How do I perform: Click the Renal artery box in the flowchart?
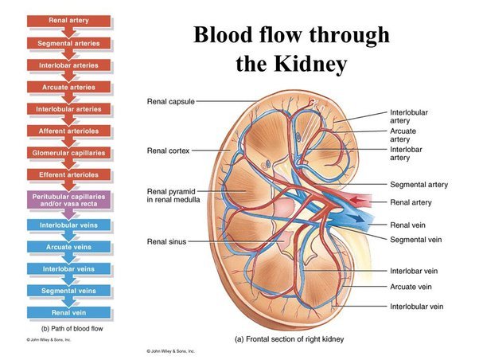tap(68, 19)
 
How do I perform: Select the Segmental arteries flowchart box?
tap(68, 41)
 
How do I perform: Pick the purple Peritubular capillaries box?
tap(68, 200)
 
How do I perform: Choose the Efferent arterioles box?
tap(68, 174)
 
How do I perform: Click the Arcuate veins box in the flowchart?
tap(68, 247)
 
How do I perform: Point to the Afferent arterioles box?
tap(68, 130)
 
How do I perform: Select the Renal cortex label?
tap(169, 150)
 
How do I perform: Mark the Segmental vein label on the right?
tap(416, 239)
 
